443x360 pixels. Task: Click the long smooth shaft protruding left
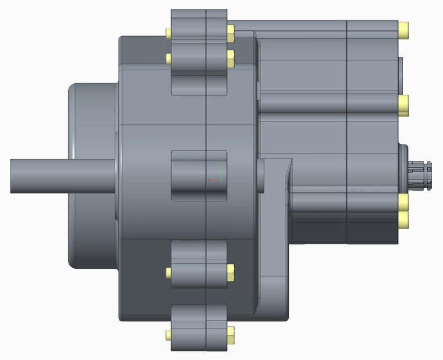coord(56,175)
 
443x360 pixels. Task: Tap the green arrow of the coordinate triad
coord(222,172)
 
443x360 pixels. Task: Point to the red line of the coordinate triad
coord(213,180)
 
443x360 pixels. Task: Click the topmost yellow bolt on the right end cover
coord(404,29)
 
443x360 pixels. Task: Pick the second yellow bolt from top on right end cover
coord(404,105)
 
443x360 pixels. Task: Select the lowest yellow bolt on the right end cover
coord(404,220)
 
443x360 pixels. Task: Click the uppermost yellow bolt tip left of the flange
coord(168,33)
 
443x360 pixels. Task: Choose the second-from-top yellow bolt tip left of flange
coord(168,58)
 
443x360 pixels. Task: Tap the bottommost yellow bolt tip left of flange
coord(168,336)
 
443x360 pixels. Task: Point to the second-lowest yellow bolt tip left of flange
coord(168,273)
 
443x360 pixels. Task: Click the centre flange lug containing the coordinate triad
coord(191,175)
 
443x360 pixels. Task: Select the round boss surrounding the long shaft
coord(93,175)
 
